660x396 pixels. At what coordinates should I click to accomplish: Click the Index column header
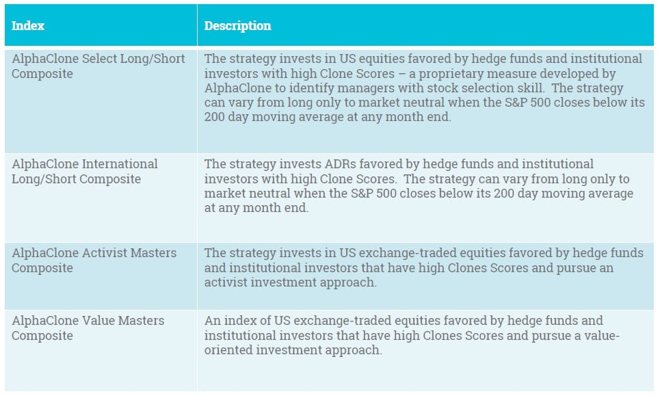(x=28, y=26)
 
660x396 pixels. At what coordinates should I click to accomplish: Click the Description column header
(x=237, y=26)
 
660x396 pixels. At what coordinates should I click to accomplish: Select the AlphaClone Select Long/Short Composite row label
(x=98, y=66)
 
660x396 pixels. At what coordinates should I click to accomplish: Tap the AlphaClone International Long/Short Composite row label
(x=85, y=171)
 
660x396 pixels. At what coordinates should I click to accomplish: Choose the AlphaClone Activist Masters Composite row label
(x=94, y=260)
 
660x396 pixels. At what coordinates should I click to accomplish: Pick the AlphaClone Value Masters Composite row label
(x=88, y=328)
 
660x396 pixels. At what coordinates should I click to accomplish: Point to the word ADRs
(x=340, y=163)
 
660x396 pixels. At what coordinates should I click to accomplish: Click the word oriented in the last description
(x=228, y=350)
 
